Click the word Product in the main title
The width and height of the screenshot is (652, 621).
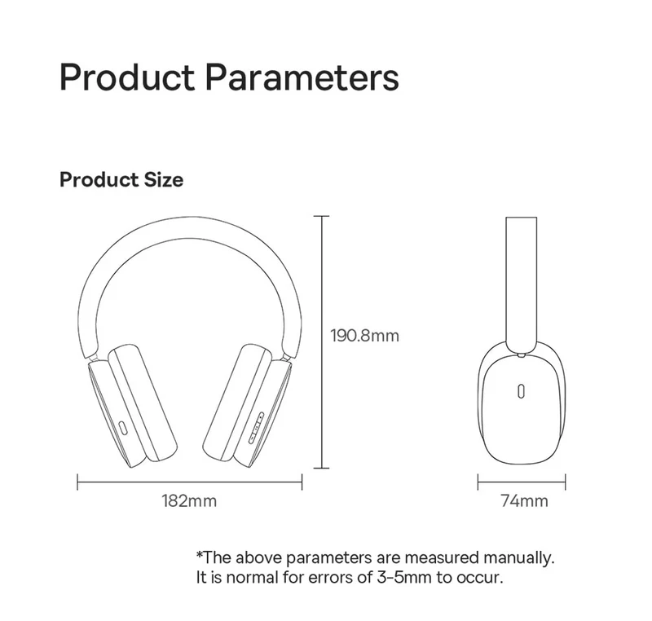(127, 77)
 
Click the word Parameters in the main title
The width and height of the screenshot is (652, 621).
(302, 77)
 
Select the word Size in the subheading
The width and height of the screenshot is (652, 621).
(164, 180)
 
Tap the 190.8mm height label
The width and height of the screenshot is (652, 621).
(364, 336)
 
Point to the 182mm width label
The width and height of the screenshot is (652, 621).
(189, 501)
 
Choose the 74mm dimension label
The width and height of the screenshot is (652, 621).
(524, 501)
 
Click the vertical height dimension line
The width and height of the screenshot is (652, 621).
(321, 342)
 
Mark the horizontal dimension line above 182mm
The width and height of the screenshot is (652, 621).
(190, 482)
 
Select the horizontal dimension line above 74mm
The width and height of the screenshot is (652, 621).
(522, 482)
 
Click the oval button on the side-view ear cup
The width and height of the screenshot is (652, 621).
(521, 391)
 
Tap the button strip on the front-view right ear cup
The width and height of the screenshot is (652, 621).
(256, 428)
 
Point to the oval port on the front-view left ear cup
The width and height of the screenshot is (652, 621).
(123, 429)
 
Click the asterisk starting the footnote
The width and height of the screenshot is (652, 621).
(200, 554)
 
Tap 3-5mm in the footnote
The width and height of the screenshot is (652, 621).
(403, 577)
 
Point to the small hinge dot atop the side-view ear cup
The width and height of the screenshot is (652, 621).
(521, 355)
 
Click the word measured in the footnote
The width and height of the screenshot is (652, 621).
(442, 557)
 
